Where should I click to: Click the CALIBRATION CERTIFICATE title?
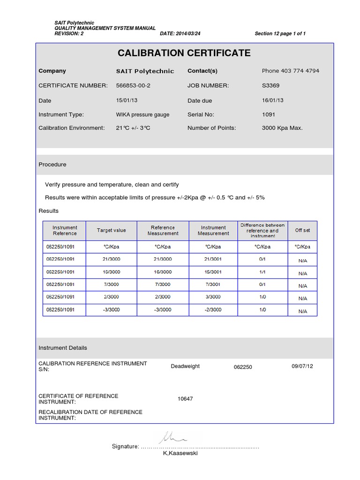[x=184, y=53]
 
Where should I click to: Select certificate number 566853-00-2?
[x=133, y=85]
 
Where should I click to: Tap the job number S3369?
[x=270, y=85]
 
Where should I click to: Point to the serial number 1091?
[x=269, y=114]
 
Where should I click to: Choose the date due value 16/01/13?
[x=273, y=100]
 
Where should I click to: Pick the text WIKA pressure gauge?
[x=142, y=114]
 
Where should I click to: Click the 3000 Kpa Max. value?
[x=282, y=127]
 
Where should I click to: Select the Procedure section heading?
[x=52, y=165]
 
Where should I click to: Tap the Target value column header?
[x=111, y=230]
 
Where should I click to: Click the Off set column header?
[x=302, y=230]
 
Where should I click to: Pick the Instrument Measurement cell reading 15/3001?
[x=213, y=271]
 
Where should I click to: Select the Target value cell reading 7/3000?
[x=111, y=284]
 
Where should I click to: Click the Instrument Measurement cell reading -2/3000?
[x=213, y=309]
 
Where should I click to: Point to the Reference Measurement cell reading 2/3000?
[x=163, y=297]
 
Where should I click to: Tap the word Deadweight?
[x=185, y=366]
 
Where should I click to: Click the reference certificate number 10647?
[x=185, y=399]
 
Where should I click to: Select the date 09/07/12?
[x=302, y=366]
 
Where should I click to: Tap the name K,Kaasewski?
[x=180, y=453]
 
